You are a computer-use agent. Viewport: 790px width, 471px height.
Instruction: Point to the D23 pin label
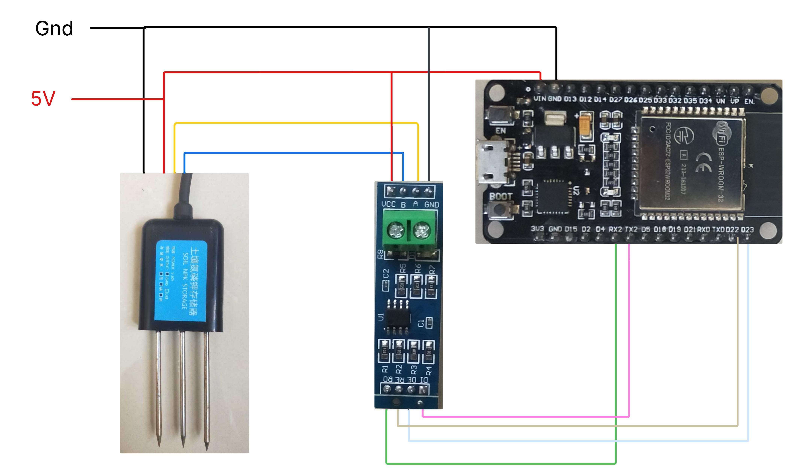747,230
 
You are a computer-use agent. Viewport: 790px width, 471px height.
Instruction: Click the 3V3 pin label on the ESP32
537,229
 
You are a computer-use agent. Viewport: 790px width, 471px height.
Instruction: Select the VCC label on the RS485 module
388,204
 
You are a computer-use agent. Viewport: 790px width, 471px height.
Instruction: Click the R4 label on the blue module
429,370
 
